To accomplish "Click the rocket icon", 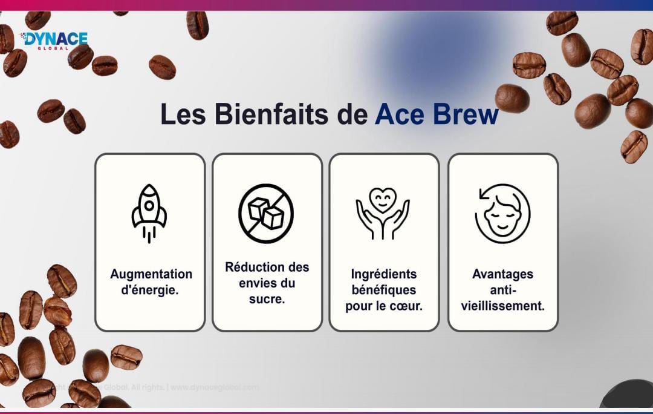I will (149, 213).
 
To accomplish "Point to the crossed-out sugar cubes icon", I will (266, 213).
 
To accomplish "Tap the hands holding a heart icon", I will (383, 213).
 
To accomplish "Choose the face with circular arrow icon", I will (502, 213).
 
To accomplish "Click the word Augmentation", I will (151, 274).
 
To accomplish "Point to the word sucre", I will (267, 299).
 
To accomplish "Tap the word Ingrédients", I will (384, 274).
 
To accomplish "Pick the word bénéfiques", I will (384, 290).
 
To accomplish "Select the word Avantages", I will (502, 274).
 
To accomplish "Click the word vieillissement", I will (502, 306).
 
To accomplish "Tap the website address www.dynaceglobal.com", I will (215, 387).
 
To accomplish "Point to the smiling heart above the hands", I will (383, 199).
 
